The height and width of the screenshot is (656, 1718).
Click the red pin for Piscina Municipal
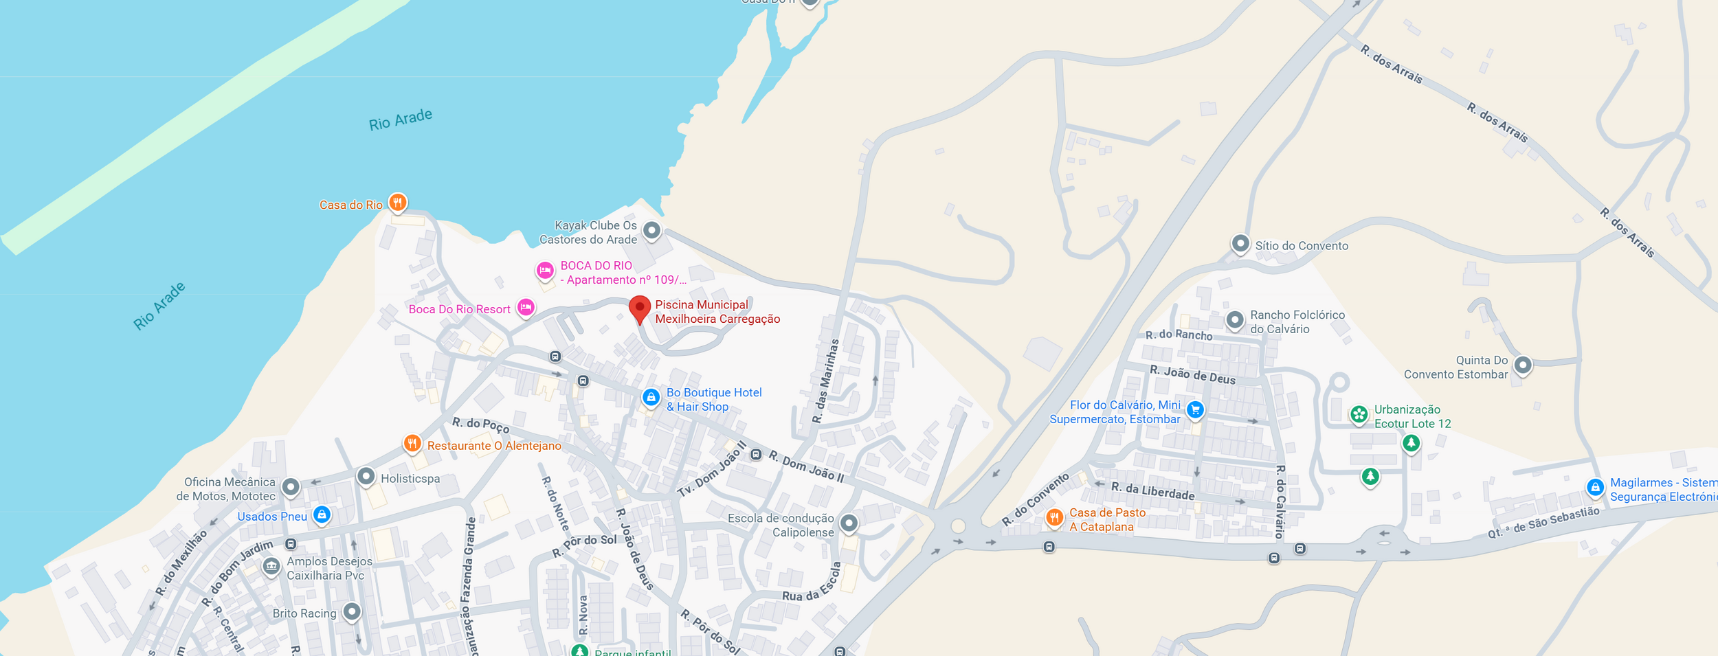[x=639, y=308]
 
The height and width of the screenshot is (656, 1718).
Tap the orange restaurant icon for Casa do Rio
[x=397, y=203]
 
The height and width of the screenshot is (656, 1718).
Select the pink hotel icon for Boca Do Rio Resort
[x=526, y=307]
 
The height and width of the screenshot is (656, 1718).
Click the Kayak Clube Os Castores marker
[x=651, y=230]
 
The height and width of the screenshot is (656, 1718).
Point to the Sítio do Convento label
[x=1301, y=246]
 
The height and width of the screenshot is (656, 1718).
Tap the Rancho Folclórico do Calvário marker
[x=1235, y=319]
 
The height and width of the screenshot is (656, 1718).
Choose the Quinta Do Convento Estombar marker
[x=1523, y=365]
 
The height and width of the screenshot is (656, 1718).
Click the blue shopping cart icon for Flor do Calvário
[x=1195, y=410]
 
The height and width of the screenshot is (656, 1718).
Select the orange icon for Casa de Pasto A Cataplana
[x=1054, y=517]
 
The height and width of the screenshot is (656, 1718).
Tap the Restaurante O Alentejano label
[x=494, y=446]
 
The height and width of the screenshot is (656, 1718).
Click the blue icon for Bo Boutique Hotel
[x=651, y=397]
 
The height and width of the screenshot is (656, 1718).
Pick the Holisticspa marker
[x=366, y=475]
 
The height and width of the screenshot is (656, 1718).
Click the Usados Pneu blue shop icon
[x=322, y=514]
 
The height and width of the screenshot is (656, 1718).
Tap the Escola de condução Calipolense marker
[x=849, y=523]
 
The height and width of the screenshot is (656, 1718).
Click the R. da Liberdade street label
[x=1152, y=490]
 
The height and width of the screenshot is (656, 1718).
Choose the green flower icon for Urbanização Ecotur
[x=1359, y=414]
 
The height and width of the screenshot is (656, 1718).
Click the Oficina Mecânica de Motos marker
[x=291, y=487]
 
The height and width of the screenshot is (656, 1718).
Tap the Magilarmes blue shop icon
[x=1595, y=488]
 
